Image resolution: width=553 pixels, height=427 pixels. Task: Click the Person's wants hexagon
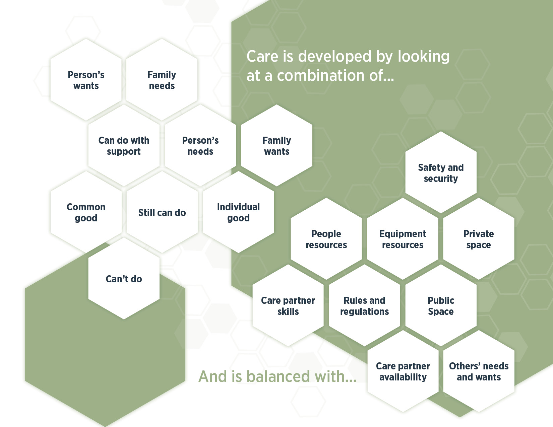point(86,80)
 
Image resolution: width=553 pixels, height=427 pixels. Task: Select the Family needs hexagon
point(162,80)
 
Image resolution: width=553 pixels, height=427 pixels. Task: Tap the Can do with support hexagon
point(124,145)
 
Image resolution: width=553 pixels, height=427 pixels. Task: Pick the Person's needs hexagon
point(200,145)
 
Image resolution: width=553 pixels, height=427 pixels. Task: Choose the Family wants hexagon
point(276,145)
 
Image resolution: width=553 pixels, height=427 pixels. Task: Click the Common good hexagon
point(86,212)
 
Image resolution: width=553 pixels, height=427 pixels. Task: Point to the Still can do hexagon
point(162,212)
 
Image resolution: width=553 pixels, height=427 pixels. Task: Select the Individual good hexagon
point(238,212)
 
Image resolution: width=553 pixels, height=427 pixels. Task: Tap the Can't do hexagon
point(124,279)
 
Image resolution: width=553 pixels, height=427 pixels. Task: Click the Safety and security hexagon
point(441,172)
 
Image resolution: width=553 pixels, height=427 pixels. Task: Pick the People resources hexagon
point(326,239)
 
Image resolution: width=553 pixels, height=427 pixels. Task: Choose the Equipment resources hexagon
point(403,239)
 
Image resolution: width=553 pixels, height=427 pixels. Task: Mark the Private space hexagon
point(479,239)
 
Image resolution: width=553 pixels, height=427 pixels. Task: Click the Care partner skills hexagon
point(288,305)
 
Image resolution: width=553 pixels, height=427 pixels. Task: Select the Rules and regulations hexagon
point(364,305)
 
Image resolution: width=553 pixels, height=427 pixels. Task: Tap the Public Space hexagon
point(441,305)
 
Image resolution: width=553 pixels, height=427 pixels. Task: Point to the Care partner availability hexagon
point(403,371)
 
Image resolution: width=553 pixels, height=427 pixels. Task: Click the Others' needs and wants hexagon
point(479,371)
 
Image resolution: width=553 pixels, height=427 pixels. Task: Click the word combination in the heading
point(321,76)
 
